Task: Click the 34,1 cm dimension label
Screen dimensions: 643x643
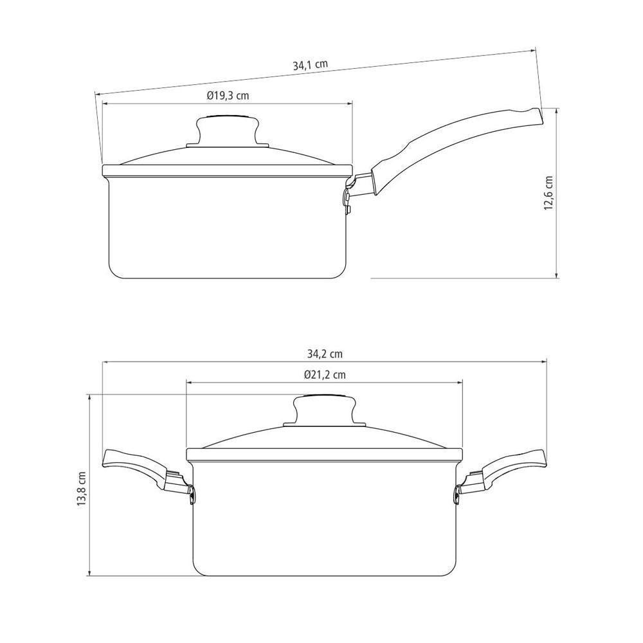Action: tap(311, 65)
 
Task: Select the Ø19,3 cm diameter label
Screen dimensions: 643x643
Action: tap(228, 96)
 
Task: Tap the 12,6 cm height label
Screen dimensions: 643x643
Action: tap(548, 193)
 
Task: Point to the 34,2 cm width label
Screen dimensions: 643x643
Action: tap(325, 354)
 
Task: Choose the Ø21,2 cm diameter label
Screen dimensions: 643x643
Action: tap(325, 374)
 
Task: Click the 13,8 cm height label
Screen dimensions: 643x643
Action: tap(82, 488)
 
